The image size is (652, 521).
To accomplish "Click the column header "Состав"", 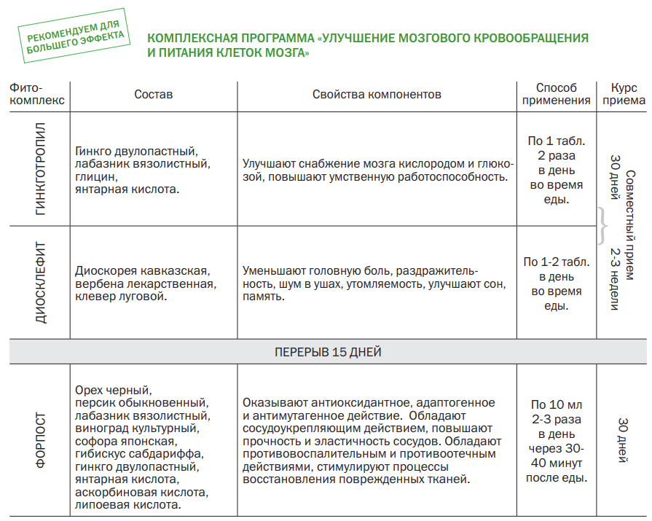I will tap(154, 95).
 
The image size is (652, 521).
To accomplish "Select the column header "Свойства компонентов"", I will tap(377, 95).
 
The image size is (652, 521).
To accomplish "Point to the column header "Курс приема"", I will tap(624, 95).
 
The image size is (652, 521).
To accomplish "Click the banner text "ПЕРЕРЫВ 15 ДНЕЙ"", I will tap(328, 352).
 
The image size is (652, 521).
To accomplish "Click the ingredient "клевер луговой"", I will tap(121, 297).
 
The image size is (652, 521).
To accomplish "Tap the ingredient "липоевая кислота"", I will tap(128, 505).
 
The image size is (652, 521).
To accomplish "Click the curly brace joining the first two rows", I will tap(601, 226).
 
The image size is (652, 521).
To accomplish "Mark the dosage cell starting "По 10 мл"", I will tap(557, 441).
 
